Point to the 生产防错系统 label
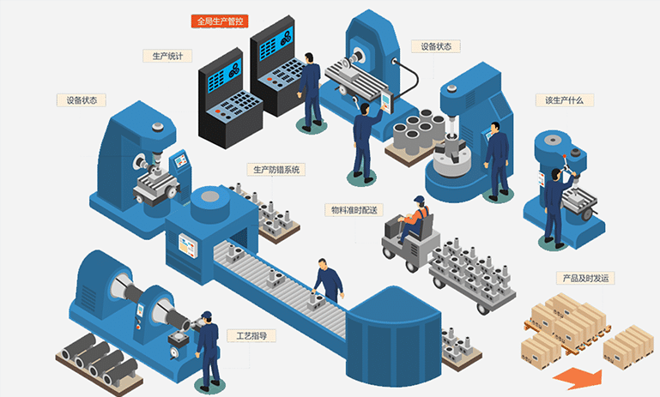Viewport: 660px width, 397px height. [276, 170]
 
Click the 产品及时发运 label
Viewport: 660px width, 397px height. [587, 278]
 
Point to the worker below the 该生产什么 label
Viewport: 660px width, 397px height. [555, 202]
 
